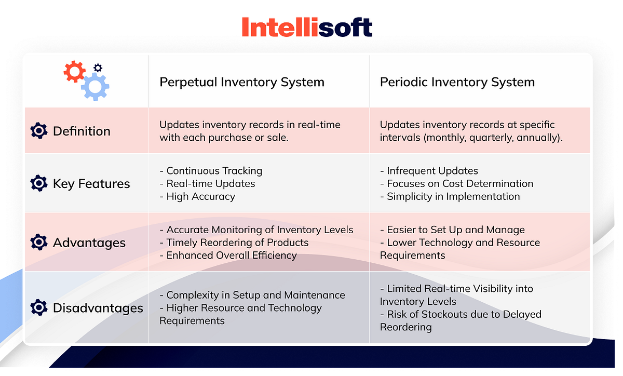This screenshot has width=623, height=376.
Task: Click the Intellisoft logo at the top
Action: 307,28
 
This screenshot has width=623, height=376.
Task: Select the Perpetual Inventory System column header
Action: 241,82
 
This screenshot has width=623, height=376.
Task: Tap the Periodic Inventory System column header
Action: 457,82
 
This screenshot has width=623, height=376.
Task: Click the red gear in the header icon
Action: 74,72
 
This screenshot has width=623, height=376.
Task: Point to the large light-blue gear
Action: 94,86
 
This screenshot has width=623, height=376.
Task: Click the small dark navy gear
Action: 98,68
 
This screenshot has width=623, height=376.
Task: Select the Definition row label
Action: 82,131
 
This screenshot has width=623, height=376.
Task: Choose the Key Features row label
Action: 91,183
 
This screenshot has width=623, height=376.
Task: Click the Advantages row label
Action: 89,243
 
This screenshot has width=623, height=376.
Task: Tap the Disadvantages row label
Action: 98,308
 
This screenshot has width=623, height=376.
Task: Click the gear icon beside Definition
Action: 39,131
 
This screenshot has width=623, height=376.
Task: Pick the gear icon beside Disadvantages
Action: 39,308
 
